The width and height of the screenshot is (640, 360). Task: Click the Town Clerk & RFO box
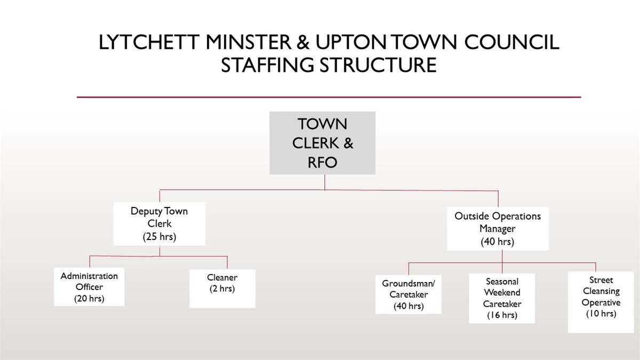click(322, 143)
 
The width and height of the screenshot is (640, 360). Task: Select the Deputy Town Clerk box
click(159, 223)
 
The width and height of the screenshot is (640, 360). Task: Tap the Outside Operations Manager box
click(498, 229)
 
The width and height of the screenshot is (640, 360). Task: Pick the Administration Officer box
click(89, 286)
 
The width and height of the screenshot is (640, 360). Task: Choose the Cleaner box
click(222, 289)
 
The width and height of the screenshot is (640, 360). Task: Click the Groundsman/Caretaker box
click(409, 294)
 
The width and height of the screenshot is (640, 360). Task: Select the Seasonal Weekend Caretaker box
click(502, 298)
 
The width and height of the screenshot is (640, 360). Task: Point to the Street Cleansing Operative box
click(601, 302)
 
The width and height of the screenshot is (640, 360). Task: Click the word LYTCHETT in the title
click(149, 42)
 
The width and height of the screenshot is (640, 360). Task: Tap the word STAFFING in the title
click(267, 65)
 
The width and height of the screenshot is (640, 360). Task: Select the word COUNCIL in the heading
click(511, 42)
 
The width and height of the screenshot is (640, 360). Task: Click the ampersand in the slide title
click(303, 42)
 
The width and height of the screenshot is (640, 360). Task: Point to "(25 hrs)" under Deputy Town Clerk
click(159, 237)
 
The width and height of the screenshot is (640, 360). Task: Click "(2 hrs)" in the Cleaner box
click(222, 289)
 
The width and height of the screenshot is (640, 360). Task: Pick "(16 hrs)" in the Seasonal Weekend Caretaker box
click(502, 315)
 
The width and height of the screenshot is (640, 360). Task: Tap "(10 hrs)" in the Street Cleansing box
click(601, 314)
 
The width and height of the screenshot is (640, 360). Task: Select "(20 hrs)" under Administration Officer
click(89, 299)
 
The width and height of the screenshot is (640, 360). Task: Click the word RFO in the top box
click(322, 162)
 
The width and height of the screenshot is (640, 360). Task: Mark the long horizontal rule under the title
click(329, 97)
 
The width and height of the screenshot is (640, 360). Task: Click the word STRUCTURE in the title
click(378, 65)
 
